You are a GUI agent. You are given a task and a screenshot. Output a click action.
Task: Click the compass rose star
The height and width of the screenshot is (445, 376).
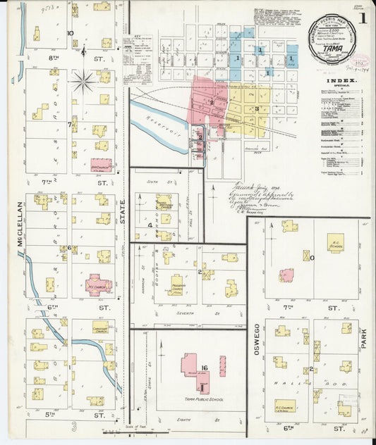point(83,82)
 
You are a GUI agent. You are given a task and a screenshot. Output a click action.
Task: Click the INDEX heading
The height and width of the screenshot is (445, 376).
point(342,82)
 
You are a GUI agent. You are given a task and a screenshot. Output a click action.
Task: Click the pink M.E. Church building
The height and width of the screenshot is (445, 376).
point(99,283)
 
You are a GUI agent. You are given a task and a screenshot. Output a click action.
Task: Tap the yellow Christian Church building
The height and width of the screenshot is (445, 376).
point(103,328)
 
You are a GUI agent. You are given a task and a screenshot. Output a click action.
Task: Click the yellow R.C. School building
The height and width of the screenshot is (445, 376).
point(336,243)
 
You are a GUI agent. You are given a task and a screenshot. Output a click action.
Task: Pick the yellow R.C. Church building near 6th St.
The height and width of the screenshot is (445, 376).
point(285,406)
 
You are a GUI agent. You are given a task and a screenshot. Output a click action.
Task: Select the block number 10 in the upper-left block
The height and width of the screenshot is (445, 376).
point(70,33)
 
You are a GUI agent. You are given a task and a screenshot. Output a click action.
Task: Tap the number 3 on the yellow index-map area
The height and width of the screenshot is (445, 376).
point(257,108)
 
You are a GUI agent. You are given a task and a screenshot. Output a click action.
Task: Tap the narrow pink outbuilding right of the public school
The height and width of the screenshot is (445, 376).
point(222,365)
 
